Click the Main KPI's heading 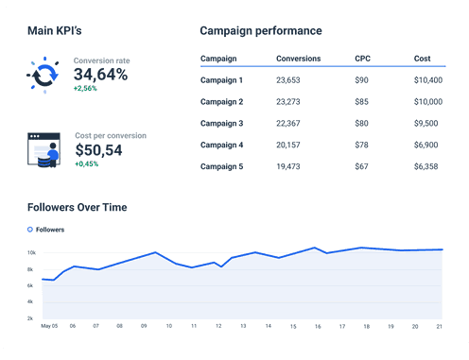(x=61, y=31)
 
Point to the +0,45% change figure (x=88, y=163)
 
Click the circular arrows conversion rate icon (x=43, y=72)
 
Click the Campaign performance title (x=260, y=31)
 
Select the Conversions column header (x=298, y=59)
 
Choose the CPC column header (x=362, y=59)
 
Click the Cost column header (x=422, y=59)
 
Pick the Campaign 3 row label (x=222, y=123)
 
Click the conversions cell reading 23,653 (x=289, y=80)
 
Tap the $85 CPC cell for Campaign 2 (x=360, y=101)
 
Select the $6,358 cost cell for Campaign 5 (x=426, y=165)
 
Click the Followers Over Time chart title (x=78, y=207)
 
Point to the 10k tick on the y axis (x=31, y=253)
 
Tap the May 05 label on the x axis (x=50, y=326)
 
